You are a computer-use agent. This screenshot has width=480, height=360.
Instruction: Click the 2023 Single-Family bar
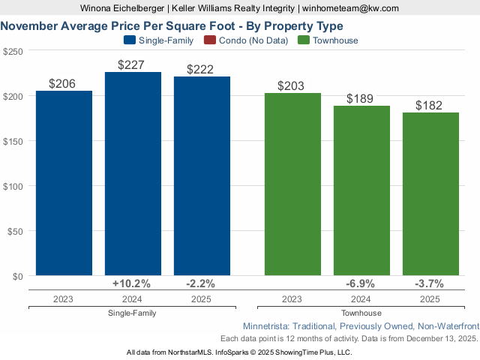[64, 183]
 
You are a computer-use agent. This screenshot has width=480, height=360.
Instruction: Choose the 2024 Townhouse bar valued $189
[361, 190]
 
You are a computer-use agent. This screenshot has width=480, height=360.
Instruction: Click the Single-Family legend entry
[158, 40]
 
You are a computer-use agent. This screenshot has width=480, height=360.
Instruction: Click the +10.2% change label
[132, 283]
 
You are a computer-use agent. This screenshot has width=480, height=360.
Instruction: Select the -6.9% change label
[361, 283]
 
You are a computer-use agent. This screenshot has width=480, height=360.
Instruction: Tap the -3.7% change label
[430, 283]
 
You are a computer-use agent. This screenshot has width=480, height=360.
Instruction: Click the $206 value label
[62, 84]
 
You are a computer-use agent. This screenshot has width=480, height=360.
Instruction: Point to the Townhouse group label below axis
[361, 313]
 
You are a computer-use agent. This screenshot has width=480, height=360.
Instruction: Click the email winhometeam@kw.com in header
[350, 8]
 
